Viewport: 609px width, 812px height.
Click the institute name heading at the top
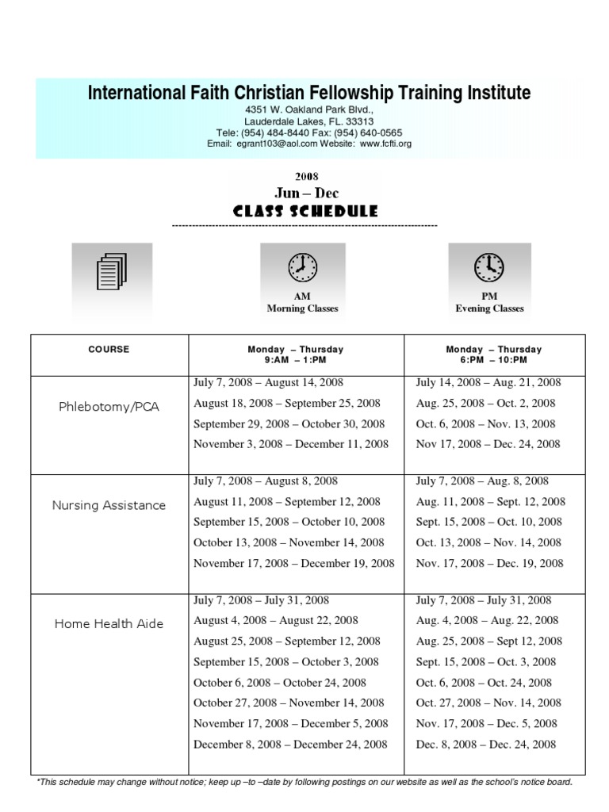click(308, 94)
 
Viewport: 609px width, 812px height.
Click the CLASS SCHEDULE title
click(305, 212)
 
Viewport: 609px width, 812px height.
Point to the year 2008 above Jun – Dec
click(306, 177)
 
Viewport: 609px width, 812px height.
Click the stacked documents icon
click(112, 271)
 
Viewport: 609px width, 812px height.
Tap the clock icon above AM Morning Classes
click(302, 268)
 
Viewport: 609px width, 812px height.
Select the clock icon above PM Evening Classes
click(489, 268)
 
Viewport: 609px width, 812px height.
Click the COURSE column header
click(109, 349)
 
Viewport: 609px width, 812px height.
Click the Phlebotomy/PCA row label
click(109, 407)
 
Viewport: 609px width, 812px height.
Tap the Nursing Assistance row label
click(109, 505)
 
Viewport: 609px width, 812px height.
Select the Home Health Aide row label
click(109, 623)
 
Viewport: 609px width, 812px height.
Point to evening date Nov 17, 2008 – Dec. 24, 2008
click(488, 444)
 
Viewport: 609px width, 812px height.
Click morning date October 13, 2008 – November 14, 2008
click(289, 542)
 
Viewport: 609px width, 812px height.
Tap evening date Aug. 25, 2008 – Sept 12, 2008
click(489, 641)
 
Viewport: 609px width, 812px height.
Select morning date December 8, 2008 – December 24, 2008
click(290, 744)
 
